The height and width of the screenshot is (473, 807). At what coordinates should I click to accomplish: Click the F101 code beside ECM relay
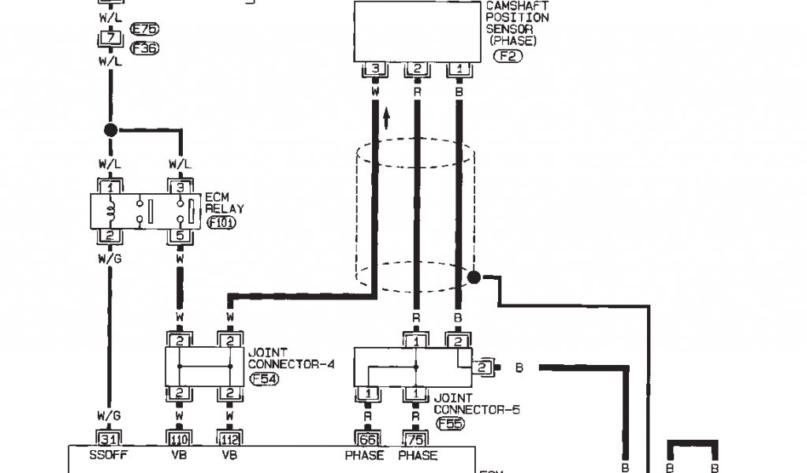[221, 222]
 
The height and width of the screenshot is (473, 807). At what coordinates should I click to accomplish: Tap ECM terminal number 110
[180, 438]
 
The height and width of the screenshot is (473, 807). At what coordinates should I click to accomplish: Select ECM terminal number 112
[229, 438]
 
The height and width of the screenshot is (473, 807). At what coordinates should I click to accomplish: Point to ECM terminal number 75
[415, 438]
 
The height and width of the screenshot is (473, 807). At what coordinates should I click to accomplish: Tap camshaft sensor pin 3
[374, 69]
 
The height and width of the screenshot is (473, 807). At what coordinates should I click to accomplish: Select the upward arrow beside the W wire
[387, 119]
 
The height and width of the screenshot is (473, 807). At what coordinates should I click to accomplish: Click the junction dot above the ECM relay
[110, 130]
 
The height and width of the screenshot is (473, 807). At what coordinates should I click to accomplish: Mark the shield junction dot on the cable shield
[474, 277]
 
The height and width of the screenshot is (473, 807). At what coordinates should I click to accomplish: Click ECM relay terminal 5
[180, 235]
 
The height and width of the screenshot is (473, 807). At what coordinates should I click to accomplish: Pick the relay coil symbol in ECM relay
[111, 210]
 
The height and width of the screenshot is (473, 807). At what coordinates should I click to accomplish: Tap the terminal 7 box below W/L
[109, 38]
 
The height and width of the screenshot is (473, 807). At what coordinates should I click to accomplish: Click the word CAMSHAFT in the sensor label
[516, 6]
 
